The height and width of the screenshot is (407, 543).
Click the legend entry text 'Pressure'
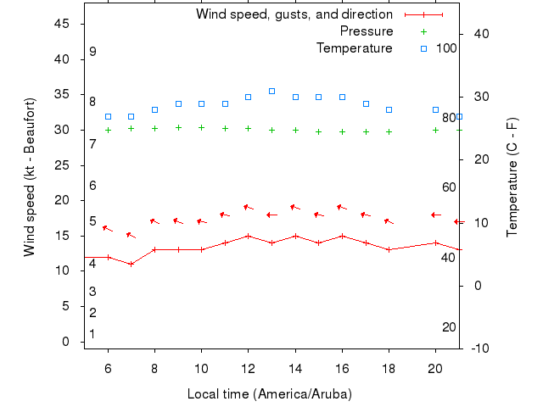(x=367, y=31)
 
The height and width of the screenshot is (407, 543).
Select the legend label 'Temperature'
(x=355, y=48)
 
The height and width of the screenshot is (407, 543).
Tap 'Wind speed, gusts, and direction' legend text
(x=294, y=14)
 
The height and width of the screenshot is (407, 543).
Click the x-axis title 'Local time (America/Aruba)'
(x=270, y=394)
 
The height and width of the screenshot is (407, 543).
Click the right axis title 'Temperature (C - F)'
(x=512, y=177)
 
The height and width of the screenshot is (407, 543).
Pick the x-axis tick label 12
(x=248, y=368)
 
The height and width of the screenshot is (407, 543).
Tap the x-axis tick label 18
(x=389, y=368)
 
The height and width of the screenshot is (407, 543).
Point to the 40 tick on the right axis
(x=478, y=34)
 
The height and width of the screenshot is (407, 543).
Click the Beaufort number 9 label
(x=92, y=52)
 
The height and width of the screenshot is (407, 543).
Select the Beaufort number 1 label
(x=92, y=334)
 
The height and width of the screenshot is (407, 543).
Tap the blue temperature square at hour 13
(x=271, y=91)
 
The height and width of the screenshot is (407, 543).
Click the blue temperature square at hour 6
(x=108, y=116)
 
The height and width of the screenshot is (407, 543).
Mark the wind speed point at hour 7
(x=131, y=264)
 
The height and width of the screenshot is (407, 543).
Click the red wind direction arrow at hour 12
(x=248, y=207)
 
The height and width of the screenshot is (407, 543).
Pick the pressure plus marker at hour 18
(x=389, y=132)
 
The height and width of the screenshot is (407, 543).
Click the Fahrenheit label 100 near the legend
(x=447, y=48)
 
